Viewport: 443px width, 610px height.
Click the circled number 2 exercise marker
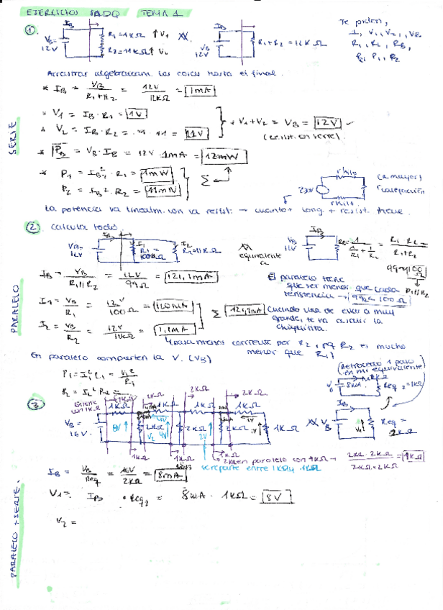coord(33,228)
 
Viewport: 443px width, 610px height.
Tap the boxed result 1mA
coord(196,90)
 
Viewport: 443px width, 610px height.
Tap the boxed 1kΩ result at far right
coord(412,456)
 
